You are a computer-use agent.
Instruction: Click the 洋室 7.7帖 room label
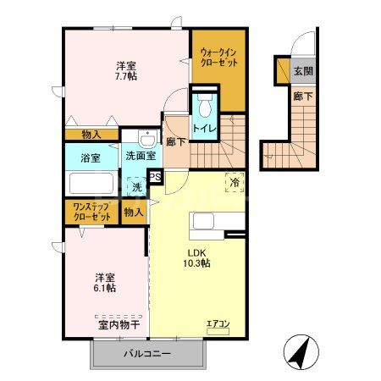pos(127,69)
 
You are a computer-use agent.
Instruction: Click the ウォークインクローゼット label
pos(218,58)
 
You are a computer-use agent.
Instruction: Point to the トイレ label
pos(203,128)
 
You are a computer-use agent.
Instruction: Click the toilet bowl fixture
pos(204,108)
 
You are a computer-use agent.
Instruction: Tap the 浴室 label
pos(89,157)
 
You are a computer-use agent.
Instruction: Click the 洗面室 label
pos(140,156)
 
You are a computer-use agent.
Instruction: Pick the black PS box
pos(155,177)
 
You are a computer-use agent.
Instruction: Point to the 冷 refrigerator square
pos(235,180)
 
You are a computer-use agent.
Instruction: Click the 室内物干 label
pos(119,323)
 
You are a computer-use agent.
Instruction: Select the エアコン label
pos(218,323)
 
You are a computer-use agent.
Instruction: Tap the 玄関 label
pos(302,71)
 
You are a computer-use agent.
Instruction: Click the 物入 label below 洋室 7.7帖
pos(92,134)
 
